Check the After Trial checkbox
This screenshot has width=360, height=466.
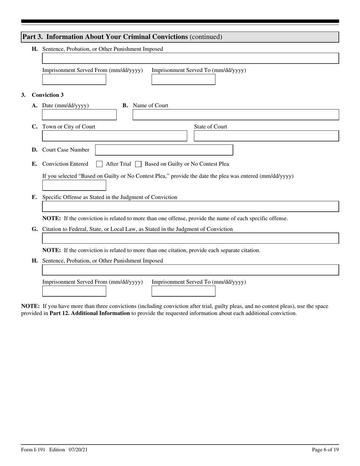[99, 164]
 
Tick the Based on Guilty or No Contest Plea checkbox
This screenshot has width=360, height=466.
[138, 164]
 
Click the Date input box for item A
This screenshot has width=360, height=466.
[79, 115]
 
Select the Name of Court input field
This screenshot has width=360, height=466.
[235, 115]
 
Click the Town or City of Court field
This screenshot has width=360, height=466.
[114, 136]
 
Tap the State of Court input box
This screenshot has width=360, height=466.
[266, 136]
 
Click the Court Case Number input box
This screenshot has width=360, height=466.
[164, 150]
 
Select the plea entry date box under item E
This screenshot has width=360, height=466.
[74, 185]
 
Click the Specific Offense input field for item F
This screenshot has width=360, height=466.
[190, 206]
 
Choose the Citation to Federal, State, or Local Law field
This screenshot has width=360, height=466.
[190, 238]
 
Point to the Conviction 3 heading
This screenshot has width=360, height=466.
[48, 95]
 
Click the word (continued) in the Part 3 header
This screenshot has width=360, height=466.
[206, 37]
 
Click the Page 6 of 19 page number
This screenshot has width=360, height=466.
[325, 450]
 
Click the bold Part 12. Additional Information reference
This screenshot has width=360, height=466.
[90, 313]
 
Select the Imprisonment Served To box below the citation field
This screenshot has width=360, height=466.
[183, 291]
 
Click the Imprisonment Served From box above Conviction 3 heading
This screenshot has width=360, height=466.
[74, 80]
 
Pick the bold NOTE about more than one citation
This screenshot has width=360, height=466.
[52, 250]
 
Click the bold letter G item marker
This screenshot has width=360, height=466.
[34, 229]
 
